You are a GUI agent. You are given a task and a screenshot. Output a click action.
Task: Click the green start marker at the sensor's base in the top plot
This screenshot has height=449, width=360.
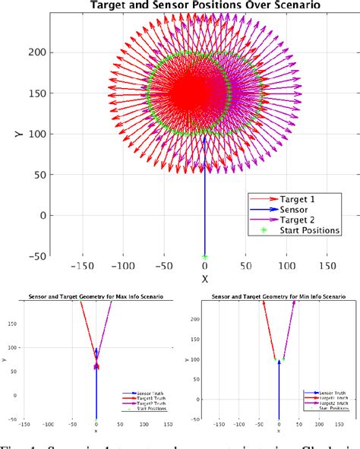tap(204, 256)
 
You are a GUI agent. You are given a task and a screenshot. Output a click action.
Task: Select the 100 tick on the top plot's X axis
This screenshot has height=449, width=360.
tap(287, 267)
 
